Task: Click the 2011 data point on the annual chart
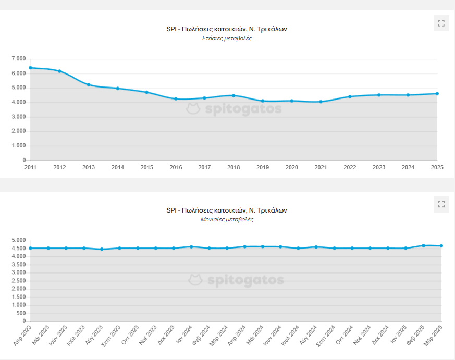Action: (31, 68)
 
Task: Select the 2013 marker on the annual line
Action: (89, 84)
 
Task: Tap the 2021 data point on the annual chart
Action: (321, 102)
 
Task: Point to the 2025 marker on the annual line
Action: (437, 94)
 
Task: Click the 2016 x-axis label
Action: (176, 167)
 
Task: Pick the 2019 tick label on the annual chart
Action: (263, 167)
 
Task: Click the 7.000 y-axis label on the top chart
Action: (18, 59)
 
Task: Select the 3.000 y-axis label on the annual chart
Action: (18, 117)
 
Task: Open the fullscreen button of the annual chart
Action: (441, 23)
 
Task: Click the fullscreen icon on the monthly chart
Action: (441, 204)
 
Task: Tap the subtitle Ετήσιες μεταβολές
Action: (227, 39)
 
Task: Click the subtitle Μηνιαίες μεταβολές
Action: (227, 220)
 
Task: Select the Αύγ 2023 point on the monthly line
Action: (102, 249)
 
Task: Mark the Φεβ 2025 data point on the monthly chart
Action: (423, 245)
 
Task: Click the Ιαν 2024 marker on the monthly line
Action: (191, 246)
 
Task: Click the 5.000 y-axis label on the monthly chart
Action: (18, 240)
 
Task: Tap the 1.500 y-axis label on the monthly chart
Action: (18, 297)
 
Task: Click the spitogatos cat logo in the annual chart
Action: (194, 109)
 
